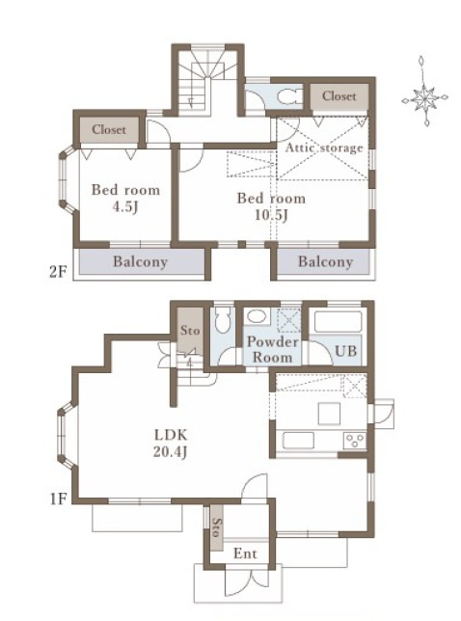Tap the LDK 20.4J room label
pos(171,444)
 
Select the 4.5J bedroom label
pos(125,198)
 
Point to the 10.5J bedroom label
pos(271,206)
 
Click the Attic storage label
pos(324,148)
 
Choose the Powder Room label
pos(273,349)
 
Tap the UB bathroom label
pos(345,351)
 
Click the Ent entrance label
pos(245,553)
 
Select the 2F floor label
pos(58,272)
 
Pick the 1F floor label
pos(58,499)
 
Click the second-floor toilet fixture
pos(288,96)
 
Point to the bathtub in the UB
pos(338,323)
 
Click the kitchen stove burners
pos(355,441)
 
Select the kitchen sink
pos(299,441)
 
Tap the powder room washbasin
pos(258,316)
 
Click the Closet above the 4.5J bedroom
pos(109,129)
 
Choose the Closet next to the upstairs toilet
pos(339,96)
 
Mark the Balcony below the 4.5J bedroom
pos(141,261)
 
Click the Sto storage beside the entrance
pos(216,527)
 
